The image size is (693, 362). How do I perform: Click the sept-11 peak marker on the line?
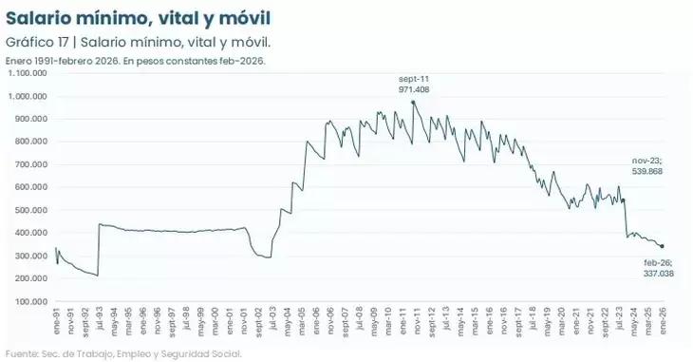[x=413, y=102]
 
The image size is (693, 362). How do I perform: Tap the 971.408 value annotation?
[x=414, y=88]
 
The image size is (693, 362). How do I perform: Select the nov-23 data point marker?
[x=623, y=200]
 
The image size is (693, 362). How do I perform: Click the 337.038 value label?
[x=659, y=273]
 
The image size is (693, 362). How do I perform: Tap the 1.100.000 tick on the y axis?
[x=27, y=72]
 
